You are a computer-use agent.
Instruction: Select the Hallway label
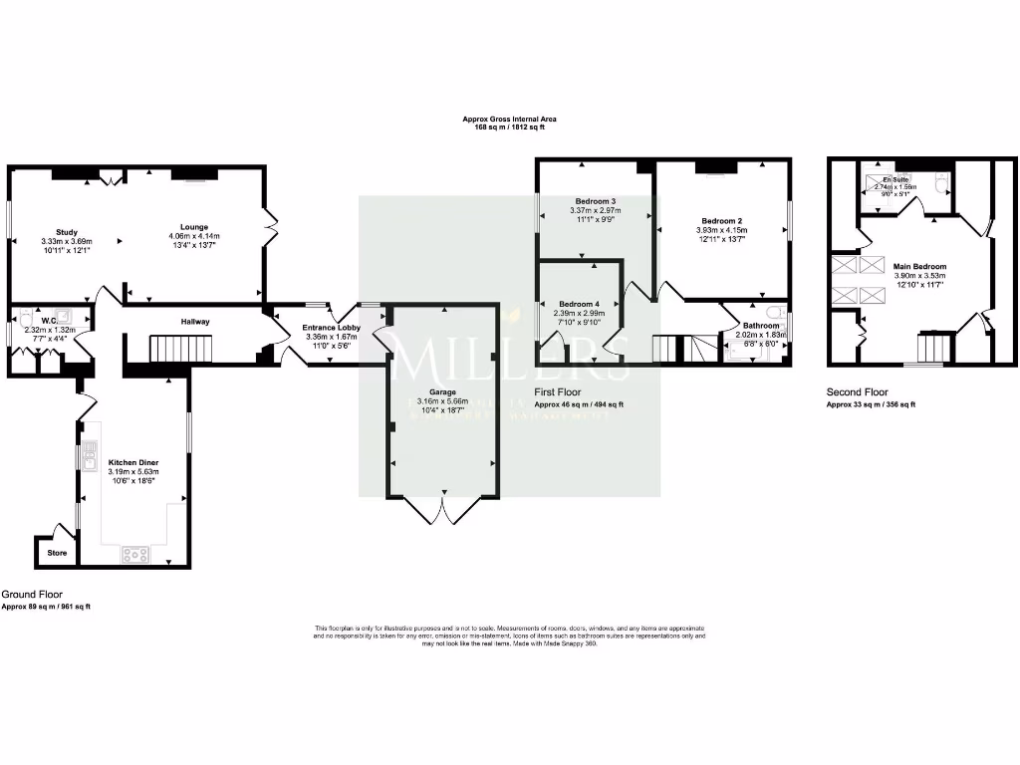click(194, 322)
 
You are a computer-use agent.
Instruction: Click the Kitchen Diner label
click(133, 463)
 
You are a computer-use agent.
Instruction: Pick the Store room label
click(56, 553)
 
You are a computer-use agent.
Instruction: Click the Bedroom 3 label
click(595, 200)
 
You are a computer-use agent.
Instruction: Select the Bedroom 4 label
click(579, 304)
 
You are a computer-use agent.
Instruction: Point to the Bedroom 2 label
click(721, 221)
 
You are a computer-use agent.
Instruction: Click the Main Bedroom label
click(919, 267)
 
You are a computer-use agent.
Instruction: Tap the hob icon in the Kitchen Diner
click(134, 554)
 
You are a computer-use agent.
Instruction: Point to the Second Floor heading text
click(857, 392)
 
